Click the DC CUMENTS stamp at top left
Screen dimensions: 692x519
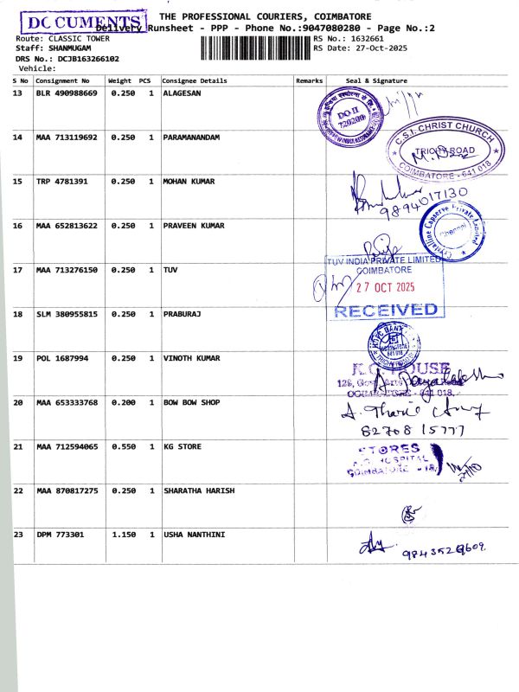click(83, 24)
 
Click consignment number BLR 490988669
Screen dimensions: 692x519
click(67, 93)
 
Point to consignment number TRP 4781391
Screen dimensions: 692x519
click(62, 182)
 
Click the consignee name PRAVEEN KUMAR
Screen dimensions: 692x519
click(194, 226)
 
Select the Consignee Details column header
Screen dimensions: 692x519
click(195, 80)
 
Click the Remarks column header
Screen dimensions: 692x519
click(309, 80)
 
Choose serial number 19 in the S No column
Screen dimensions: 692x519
click(18, 358)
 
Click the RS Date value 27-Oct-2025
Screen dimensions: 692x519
click(384, 48)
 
